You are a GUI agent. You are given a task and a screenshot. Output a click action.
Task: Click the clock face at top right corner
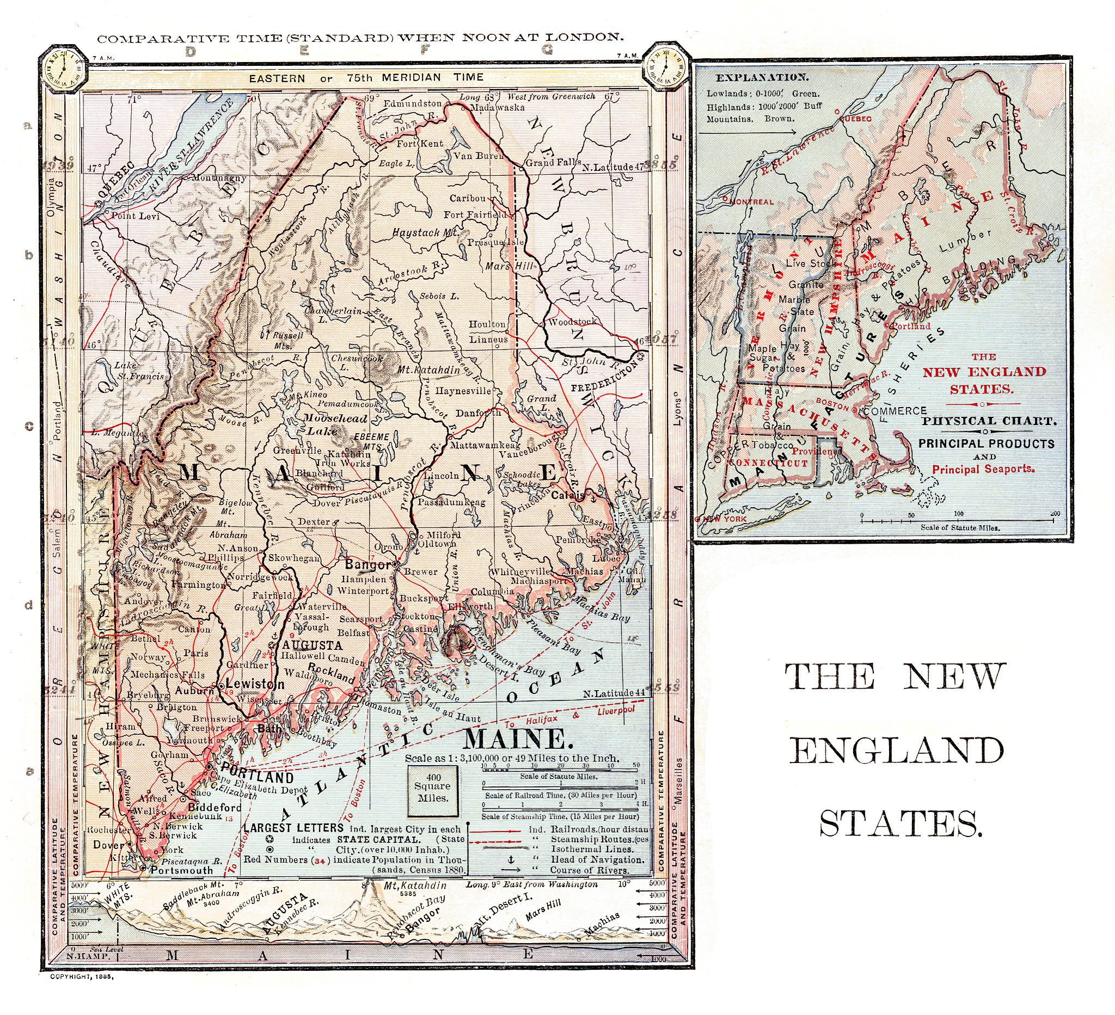pos(666,67)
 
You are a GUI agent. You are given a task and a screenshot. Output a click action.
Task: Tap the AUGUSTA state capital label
pos(313,645)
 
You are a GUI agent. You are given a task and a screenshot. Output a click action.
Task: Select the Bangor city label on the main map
pos(367,564)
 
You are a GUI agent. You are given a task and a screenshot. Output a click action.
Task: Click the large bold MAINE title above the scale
pos(516,739)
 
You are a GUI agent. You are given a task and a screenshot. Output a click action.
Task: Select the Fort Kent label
pos(420,144)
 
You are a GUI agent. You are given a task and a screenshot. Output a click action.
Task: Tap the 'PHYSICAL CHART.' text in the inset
pos(989,421)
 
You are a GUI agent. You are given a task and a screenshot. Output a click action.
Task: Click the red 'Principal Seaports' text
pos(983,469)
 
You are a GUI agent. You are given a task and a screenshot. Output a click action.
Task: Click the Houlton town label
pos(487,324)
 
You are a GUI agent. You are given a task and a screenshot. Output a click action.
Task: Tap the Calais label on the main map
pos(567,495)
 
